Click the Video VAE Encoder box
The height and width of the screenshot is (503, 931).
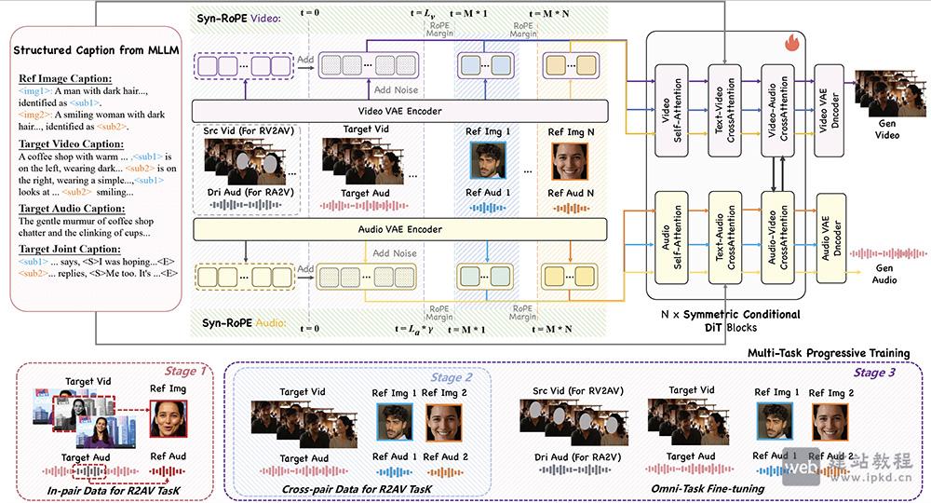point(398,112)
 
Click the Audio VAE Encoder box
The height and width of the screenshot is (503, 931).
point(398,229)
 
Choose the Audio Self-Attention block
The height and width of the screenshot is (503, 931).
point(672,232)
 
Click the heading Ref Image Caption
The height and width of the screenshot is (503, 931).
point(64,78)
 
